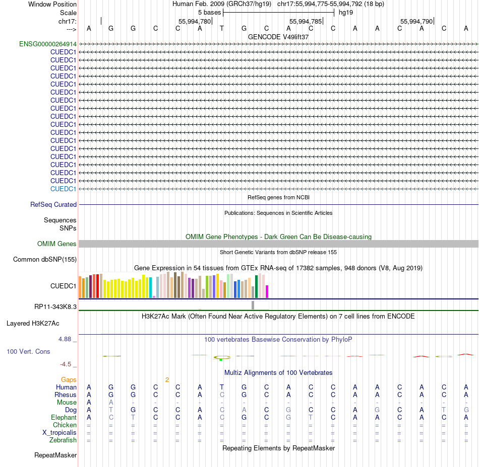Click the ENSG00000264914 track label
click(48, 44)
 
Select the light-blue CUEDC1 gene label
click(63, 189)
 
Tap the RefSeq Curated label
click(53, 205)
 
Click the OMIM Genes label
click(57, 244)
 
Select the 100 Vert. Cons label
click(28, 352)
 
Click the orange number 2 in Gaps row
click(167, 379)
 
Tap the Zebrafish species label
click(63, 440)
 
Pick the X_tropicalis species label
click(59, 433)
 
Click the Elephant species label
click(64, 418)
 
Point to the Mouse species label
click(67, 403)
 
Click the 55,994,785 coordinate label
click(306, 22)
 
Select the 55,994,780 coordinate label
click(195, 22)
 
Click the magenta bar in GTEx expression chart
click(267, 292)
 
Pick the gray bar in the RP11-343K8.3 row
click(253, 305)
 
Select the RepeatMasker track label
click(55, 455)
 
